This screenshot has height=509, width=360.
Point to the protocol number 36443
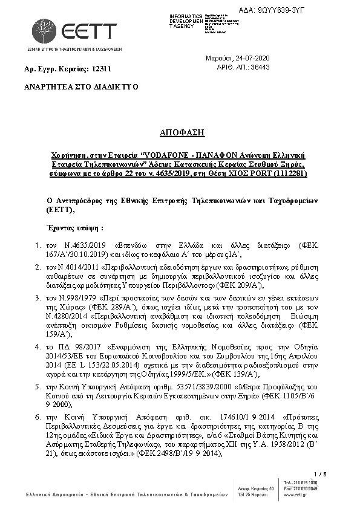pos(259,68)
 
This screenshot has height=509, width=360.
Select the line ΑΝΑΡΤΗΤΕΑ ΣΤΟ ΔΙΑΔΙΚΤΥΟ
pos(80,86)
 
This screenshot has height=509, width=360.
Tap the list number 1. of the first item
pos(38,246)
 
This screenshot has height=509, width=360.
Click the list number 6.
pos(38,417)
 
